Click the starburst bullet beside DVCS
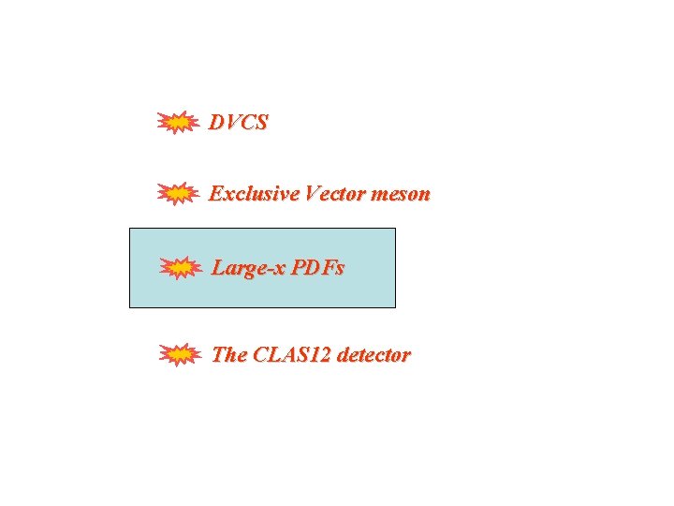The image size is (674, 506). click(176, 122)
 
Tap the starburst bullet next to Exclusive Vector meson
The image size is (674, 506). click(176, 194)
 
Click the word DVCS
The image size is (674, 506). click(239, 122)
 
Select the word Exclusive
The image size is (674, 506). click(246, 194)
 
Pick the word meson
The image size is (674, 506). click(401, 195)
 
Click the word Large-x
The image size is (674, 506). click(248, 269)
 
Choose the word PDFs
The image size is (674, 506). click(317, 268)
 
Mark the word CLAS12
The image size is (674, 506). click(292, 355)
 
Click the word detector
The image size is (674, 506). click(374, 355)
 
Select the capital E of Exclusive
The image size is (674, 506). click(215, 194)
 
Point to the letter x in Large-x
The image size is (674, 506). click(279, 270)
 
